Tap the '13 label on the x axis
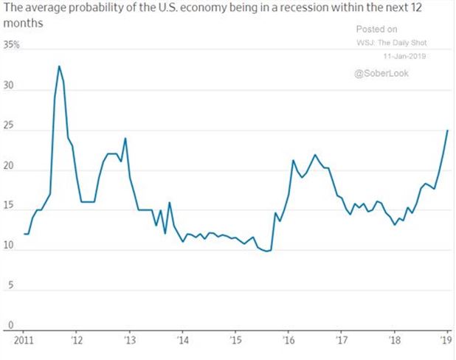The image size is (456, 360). point(130,341)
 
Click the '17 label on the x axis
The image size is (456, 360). point(342,341)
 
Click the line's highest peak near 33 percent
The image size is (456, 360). point(59,66)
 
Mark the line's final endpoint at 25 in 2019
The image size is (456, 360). point(447,131)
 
